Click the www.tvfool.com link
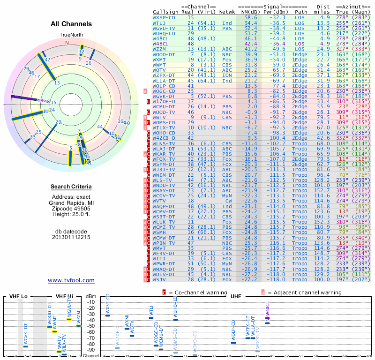click(x=71, y=280)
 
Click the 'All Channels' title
click(x=71, y=24)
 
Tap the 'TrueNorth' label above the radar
click(x=71, y=35)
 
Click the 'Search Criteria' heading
click(x=71, y=187)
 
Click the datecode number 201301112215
click(x=71, y=237)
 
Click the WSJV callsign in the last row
click(x=159, y=279)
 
